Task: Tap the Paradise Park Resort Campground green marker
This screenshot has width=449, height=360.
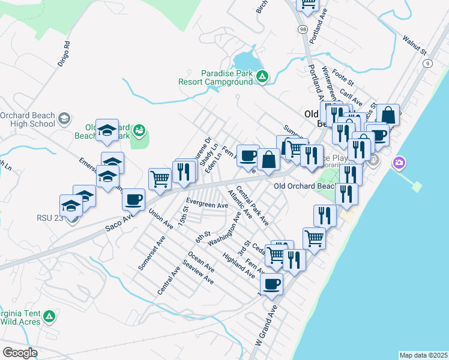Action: tap(262, 76)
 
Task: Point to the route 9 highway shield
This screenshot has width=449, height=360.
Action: tap(427, 63)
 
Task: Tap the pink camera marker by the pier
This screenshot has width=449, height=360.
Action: tap(399, 163)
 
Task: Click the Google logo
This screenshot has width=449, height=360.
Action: tap(20, 353)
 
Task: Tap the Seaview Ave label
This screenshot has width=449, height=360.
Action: tap(198, 272)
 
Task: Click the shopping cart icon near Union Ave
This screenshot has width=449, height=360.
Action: tap(160, 178)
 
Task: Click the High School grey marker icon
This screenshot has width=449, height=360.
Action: tap(63, 119)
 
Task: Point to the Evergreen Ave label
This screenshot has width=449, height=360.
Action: tap(207, 204)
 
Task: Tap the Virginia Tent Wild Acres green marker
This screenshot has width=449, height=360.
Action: tap(50, 316)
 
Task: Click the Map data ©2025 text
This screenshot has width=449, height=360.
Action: tap(423, 355)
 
